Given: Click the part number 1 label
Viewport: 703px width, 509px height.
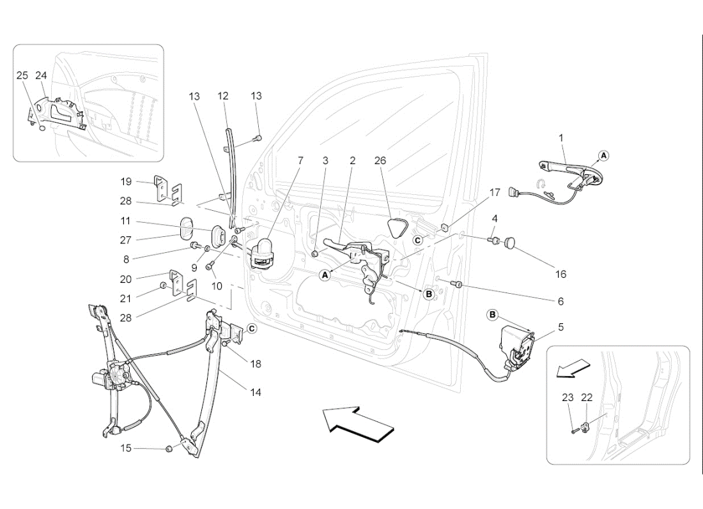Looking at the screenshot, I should point(560,137).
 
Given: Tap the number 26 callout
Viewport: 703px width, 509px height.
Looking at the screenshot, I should point(380,161).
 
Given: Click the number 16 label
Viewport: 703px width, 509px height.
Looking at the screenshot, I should point(560,275).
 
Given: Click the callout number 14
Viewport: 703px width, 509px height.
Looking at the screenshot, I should point(256,393).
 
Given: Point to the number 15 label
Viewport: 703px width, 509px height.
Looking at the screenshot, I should point(126,448).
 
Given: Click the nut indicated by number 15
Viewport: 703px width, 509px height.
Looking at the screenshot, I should point(169,448).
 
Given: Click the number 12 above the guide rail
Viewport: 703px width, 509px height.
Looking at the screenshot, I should point(222,96).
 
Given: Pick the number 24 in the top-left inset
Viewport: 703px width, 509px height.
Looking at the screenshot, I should point(41,75).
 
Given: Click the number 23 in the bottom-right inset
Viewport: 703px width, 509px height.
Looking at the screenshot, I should point(568,397).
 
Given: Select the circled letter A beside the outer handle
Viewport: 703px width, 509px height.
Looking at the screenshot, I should point(604,155).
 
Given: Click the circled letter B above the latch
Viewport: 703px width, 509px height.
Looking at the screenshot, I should point(493,314).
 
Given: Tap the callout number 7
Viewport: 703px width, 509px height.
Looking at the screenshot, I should point(300,161).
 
